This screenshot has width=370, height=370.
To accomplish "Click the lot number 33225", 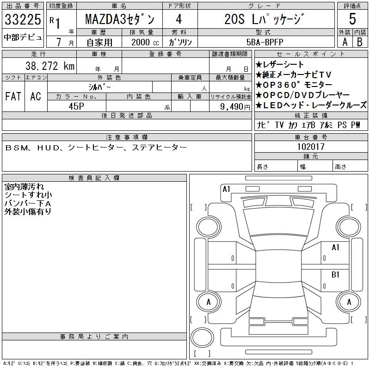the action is pyautogui.click(x=23, y=19).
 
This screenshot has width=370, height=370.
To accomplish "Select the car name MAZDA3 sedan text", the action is pyautogui.click(x=120, y=19).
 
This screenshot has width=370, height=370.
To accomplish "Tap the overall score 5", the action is pyautogui.click(x=352, y=19).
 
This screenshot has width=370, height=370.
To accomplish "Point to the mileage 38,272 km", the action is pyautogui.click(x=50, y=66).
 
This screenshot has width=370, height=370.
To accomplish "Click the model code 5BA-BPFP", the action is pyautogui.click(x=265, y=42).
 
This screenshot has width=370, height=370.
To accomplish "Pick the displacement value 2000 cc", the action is pyautogui.click(x=145, y=42).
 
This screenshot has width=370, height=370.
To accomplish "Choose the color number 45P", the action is pyautogui.click(x=76, y=106).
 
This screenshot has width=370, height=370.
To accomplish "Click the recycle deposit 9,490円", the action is pyautogui.click(x=235, y=107).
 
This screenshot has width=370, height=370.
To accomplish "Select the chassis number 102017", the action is pyautogui.click(x=311, y=147).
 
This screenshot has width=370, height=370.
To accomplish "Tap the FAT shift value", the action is pyautogui.click(x=13, y=96).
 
